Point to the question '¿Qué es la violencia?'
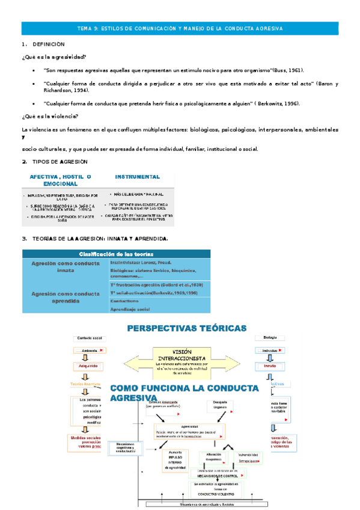click(x=50, y=116)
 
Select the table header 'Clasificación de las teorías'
click(x=117, y=254)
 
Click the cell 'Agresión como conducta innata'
click(x=64, y=266)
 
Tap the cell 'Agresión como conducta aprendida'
click(x=64, y=297)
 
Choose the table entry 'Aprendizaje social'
click(x=130, y=309)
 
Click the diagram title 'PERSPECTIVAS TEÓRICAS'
click(x=186, y=328)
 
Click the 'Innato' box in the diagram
click(x=270, y=365)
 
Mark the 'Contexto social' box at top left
click(x=90, y=339)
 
